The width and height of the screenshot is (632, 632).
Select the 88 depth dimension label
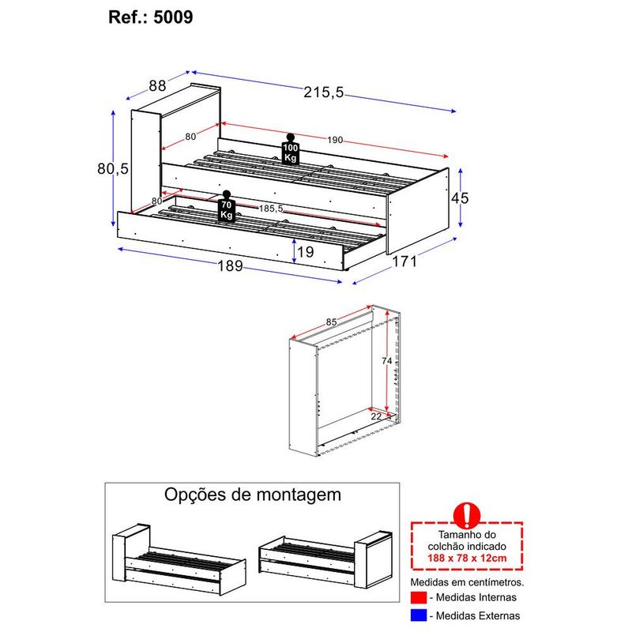(156, 86)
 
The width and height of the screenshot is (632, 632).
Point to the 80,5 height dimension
(113, 168)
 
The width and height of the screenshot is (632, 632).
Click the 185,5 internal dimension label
(271, 209)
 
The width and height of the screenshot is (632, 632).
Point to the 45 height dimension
(460, 198)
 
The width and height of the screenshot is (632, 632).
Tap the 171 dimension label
(404, 261)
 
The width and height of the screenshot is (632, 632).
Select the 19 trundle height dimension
(307, 253)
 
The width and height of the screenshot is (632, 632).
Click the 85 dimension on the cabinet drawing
(333, 322)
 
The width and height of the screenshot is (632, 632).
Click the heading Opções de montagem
(253, 495)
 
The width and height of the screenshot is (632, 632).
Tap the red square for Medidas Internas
(418, 597)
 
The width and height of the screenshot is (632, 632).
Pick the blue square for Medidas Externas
(418, 615)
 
